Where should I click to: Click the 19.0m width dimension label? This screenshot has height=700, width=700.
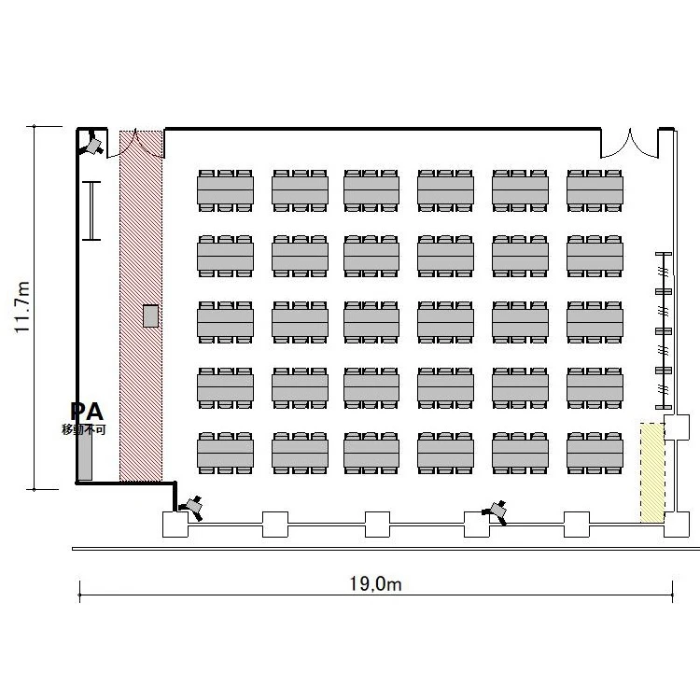tap(375, 584)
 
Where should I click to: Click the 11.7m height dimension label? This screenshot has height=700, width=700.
tap(21, 307)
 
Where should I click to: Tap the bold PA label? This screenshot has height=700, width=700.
tap(87, 412)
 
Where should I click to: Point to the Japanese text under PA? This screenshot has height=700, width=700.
tap(83, 429)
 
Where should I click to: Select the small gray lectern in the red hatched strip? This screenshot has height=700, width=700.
tap(151, 315)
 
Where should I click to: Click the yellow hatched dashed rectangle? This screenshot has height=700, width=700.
tap(652, 472)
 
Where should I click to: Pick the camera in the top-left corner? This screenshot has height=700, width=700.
tap(92, 144)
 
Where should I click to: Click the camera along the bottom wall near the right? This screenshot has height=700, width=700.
tap(497, 511)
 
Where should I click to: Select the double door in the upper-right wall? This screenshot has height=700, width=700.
tap(629, 144)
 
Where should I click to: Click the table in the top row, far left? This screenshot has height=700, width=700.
tap(226, 190)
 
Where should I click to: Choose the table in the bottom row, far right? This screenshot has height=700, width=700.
tap(595, 453)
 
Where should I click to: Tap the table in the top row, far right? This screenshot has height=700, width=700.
tap(595, 190)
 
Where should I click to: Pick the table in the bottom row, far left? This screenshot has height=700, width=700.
tap(226, 453)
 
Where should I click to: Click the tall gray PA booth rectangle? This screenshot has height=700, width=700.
tap(85, 455)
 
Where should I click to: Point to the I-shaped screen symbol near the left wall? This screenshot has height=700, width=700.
tap(91, 211)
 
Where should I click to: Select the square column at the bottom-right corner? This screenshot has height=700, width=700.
tap(677, 525)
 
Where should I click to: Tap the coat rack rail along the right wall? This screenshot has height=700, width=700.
tap(664, 330)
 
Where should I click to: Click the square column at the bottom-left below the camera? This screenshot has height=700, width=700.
tap(175, 525)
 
